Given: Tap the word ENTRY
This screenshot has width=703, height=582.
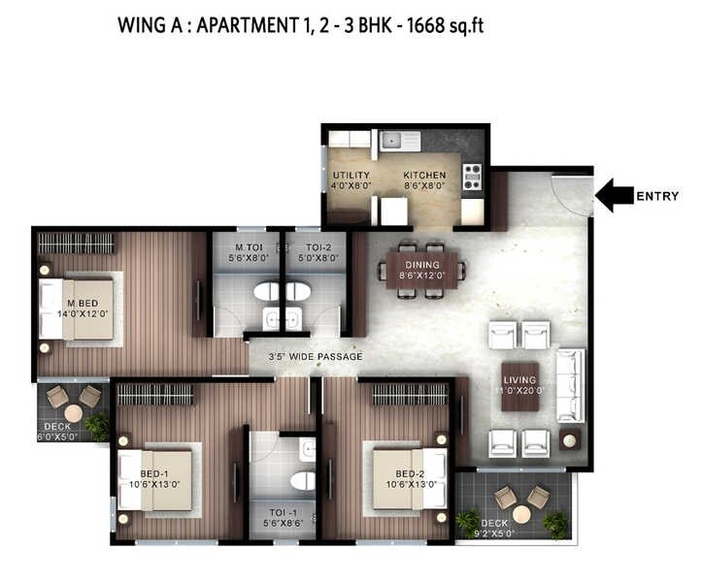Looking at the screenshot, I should (657, 197).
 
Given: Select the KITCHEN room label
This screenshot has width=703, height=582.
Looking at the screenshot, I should (424, 176).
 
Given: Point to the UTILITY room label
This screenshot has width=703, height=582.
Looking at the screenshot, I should (351, 176).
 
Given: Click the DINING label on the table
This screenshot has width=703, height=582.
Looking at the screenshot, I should (423, 264).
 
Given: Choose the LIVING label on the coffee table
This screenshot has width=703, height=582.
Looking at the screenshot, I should (520, 380).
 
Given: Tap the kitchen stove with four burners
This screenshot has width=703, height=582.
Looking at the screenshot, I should (472, 177).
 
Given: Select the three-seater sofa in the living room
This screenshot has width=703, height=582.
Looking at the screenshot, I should (568, 384).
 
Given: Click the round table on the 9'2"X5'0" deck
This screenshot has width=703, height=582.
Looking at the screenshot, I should (521, 515).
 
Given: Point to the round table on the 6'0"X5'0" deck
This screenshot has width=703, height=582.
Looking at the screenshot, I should (73, 413).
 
